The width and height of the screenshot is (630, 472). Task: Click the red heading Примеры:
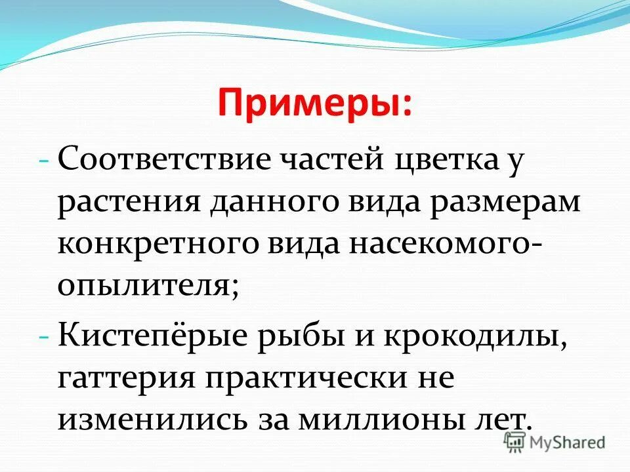315,104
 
